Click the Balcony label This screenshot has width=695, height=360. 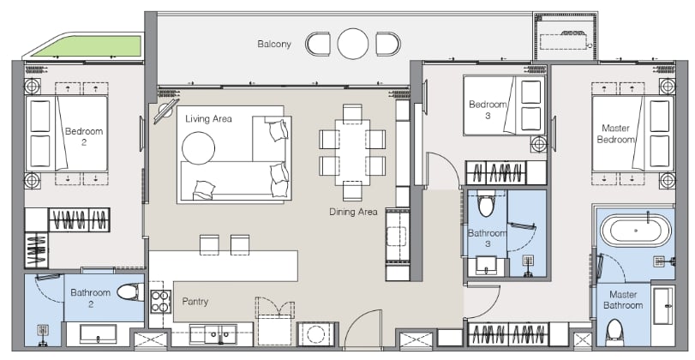274,44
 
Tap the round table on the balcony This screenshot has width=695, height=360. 353,44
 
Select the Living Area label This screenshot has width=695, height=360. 208,119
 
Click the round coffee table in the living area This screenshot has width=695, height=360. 198,147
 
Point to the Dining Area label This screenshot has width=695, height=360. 353,212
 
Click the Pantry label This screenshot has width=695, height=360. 195,302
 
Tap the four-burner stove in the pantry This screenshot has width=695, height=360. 160,302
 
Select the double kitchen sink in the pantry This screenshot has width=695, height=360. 213,335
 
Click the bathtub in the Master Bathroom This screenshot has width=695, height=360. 636,231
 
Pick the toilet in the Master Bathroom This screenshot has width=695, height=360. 614,331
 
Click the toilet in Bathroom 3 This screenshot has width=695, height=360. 486,203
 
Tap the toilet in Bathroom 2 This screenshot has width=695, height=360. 130,291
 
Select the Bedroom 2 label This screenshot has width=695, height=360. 84,136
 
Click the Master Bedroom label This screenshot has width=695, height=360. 615,134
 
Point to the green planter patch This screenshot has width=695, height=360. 87,45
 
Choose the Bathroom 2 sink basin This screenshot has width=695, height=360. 98,333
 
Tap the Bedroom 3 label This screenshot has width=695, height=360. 488,110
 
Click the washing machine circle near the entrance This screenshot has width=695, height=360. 315,334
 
